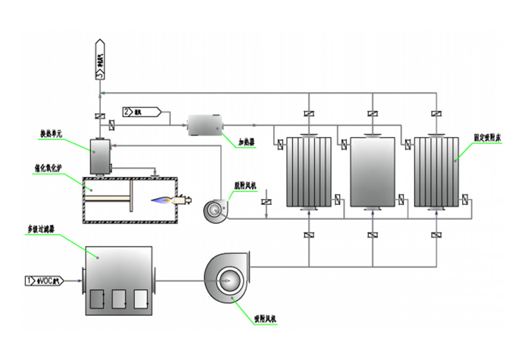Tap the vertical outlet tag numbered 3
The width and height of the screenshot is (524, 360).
(x=100, y=60)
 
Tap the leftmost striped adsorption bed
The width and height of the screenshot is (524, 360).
(x=309, y=172)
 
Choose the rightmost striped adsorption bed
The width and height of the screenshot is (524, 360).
(x=436, y=172)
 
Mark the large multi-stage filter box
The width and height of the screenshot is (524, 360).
(x=118, y=278)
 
